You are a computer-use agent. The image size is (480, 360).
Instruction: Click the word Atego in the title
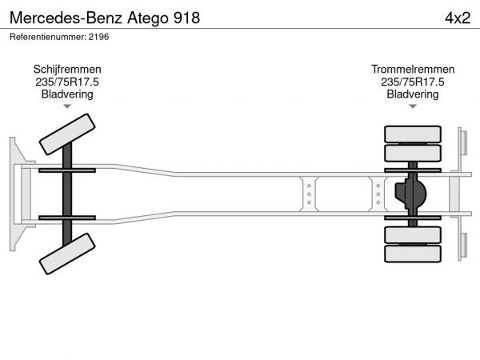148,18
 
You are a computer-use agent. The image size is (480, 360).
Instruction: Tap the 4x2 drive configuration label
458,18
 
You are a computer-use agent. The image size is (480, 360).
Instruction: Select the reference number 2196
98,37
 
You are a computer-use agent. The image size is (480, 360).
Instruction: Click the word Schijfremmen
67,70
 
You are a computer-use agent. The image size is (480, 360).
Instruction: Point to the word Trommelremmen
413,69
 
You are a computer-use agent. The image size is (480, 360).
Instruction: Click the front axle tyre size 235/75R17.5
67,82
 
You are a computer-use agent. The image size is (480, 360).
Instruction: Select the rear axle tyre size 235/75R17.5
413,82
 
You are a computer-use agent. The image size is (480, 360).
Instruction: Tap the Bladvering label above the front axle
67,94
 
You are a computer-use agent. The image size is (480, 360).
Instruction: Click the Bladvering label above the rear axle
413,94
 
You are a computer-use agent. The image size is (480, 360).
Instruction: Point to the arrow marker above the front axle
67,106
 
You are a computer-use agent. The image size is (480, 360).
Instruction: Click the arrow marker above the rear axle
413,106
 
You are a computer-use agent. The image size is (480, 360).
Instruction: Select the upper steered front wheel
67,134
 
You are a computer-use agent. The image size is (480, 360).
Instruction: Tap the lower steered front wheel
67,254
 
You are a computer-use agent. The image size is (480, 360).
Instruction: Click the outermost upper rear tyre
413,134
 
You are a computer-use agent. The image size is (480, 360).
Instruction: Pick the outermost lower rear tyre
413,254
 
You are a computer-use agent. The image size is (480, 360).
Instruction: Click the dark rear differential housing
410,194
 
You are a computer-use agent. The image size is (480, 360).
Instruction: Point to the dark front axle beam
67,194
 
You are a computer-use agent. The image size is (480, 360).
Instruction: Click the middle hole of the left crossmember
309,194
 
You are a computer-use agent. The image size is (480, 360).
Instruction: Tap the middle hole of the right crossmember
378,194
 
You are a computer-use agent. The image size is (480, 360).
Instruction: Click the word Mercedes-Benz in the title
66,18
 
